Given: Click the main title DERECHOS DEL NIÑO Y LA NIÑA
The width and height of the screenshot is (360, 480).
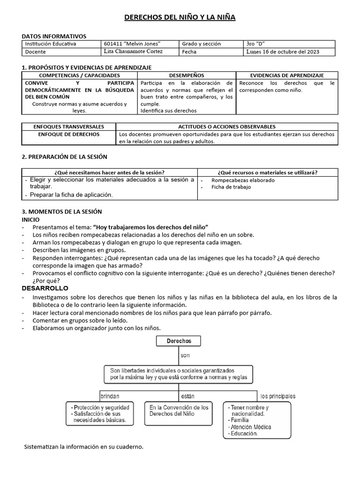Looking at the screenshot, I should pyautogui.click(x=180, y=18).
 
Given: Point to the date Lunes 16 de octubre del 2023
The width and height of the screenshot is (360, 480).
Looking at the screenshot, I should pyautogui.click(x=283, y=52).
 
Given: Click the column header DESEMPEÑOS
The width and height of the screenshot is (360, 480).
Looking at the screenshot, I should pyautogui.click(x=186, y=75).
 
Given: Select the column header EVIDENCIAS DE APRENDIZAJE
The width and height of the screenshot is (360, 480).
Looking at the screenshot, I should pyautogui.click(x=286, y=75).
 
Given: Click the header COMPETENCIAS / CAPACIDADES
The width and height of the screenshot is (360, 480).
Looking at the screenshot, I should pyautogui.click(x=79, y=75).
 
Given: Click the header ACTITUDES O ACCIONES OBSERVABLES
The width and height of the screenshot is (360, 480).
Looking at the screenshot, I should pyautogui.click(x=227, y=127).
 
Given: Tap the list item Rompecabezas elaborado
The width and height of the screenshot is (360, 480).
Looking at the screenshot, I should pyautogui.click(x=243, y=180).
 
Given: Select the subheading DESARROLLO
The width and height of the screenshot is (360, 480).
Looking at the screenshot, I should pyautogui.click(x=45, y=288).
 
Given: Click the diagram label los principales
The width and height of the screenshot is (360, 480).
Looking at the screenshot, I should pyautogui.click(x=278, y=396).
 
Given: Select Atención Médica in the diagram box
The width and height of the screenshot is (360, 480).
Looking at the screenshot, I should pyautogui.click(x=250, y=427).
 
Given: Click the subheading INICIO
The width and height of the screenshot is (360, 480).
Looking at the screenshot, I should pyautogui.click(x=31, y=219).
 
